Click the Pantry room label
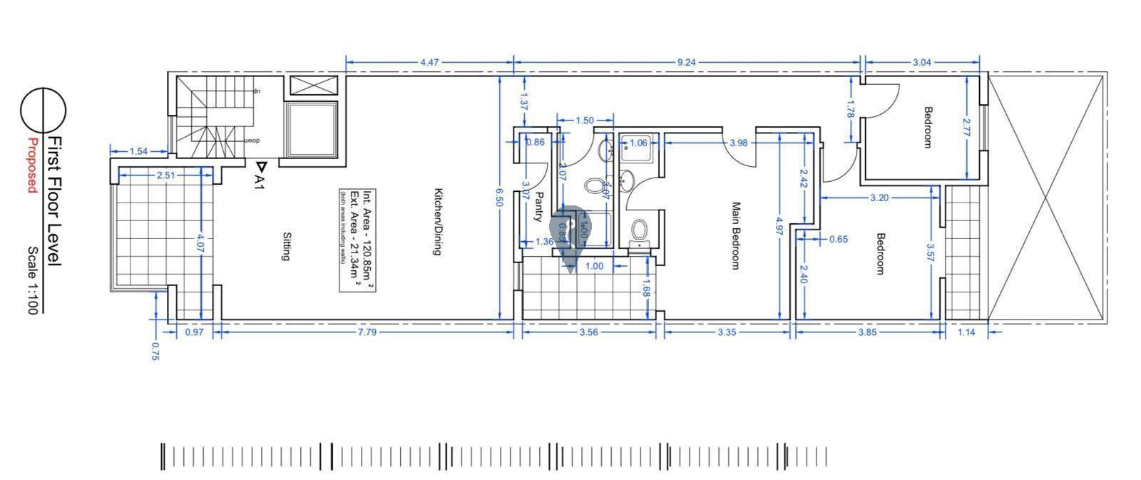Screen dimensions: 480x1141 pos(540,207)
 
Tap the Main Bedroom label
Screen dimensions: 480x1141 pos(736,235)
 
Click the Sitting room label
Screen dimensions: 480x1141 pos(286,246)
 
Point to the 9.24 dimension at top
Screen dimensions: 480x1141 pos(685,63)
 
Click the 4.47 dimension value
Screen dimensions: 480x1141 pos(429,63)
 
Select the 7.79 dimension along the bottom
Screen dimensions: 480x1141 pos(367,332)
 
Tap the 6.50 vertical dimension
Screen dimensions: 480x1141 pos(500,198)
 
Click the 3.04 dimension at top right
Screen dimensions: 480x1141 pos(921,63)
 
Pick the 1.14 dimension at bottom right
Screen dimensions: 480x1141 pos(966,332)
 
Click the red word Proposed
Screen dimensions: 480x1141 pos(32,165)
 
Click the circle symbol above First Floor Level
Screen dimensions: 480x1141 pos(43,111)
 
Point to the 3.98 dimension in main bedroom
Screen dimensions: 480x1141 pos(739,143)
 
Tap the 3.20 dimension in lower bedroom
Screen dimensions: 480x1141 pos(879,198)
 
